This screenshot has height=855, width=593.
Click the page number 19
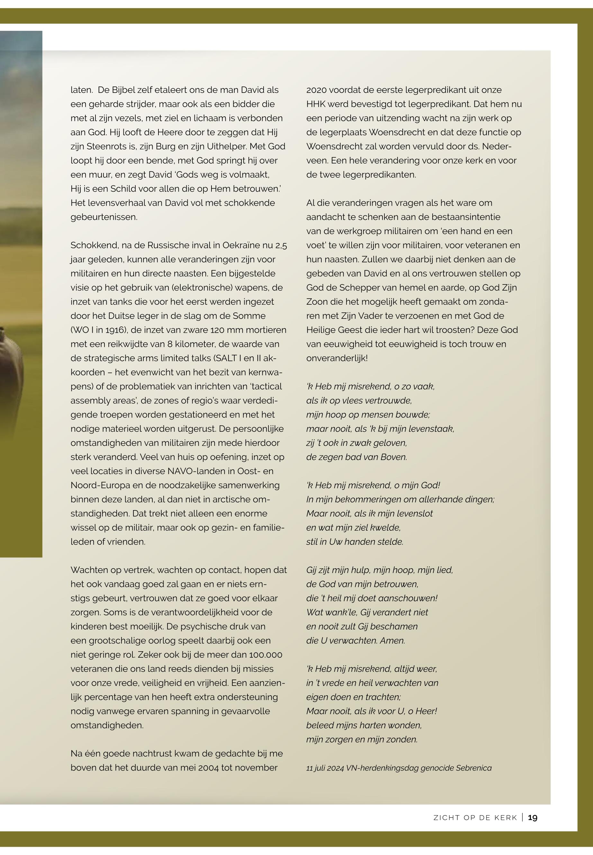point(533,817)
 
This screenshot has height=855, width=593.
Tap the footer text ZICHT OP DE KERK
point(475,818)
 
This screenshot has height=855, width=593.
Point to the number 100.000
point(266,655)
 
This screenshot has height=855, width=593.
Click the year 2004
point(209,768)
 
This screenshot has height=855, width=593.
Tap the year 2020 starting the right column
point(316,90)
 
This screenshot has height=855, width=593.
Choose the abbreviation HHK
point(316,104)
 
